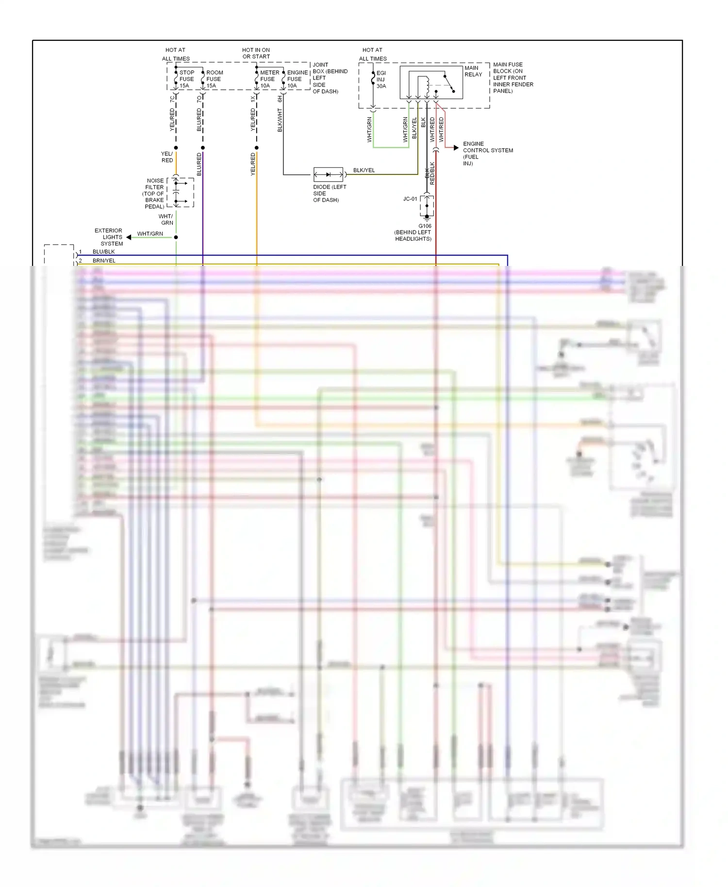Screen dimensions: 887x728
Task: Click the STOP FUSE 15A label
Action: (186, 79)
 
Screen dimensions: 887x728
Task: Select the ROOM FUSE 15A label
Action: (214, 79)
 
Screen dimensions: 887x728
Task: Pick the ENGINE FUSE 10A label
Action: (297, 79)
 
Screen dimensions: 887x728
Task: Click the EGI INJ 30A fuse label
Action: (381, 80)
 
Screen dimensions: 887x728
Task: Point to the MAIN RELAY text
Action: (473, 71)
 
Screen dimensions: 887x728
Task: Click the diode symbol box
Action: (329, 175)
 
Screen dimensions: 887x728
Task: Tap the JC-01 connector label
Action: (410, 199)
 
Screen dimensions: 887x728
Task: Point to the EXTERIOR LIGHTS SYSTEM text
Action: (109, 237)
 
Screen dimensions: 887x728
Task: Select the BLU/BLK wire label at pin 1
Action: (103, 252)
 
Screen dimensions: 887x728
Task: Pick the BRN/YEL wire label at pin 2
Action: (104, 261)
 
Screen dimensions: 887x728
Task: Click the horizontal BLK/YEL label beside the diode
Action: (364, 170)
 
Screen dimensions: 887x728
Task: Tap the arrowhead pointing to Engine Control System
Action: (456, 148)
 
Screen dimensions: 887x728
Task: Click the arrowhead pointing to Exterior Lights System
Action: (129, 237)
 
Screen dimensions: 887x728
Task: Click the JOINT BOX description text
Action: (330, 78)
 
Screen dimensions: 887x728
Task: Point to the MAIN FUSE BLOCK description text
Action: (513, 78)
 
